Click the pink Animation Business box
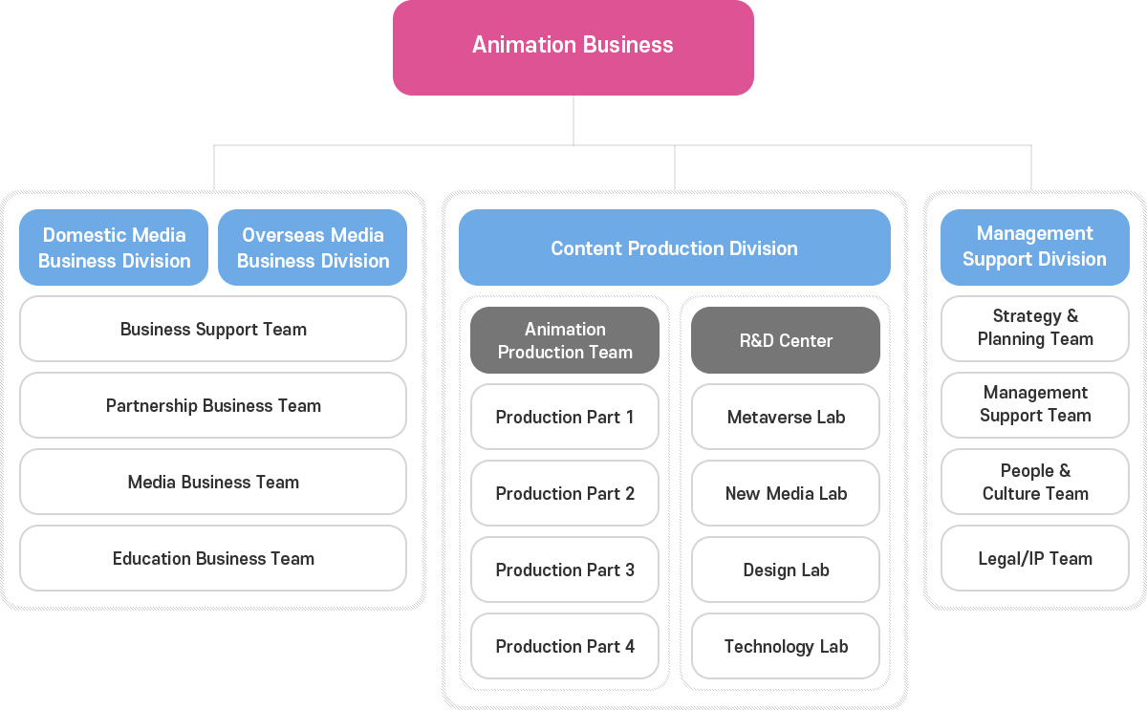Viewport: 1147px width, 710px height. [x=573, y=47]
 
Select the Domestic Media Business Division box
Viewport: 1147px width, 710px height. [x=114, y=247]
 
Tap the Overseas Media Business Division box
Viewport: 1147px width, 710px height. [x=313, y=247]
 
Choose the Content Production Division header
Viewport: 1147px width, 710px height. [x=675, y=247]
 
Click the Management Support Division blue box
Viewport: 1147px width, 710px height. [x=1035, y=247]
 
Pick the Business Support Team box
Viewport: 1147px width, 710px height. [x=213, y=329]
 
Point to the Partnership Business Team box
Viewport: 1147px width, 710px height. [x=213, y=405]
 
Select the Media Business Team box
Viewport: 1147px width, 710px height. [x=213, y=482]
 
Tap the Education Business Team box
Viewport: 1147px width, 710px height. [x=213, y=558]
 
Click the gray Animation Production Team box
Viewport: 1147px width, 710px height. [x=565, y=340]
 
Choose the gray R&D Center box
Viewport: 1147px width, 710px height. [x=786, y=340]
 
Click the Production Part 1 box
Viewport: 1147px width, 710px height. [x=565, y=417]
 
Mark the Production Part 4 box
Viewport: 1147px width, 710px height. [x=565, y=646]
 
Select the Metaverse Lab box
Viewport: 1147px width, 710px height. [x=786, y=417]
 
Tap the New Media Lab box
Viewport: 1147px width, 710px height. [x=786, y=493]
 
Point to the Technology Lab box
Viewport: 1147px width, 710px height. [x=786, y=646]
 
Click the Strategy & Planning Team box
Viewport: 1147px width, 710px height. [x=1035, y=329]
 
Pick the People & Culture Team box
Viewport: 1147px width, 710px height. [x=1035, y=482]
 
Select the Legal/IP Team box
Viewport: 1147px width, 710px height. [x=1035, y=558]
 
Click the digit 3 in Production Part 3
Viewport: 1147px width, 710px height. [x=629, y=570]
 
